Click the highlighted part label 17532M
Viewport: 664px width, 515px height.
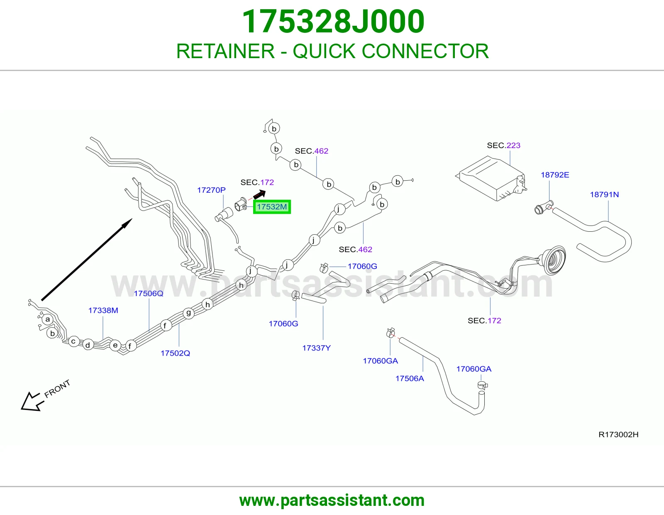point(272,207)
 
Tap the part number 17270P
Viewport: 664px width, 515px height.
point(211,190)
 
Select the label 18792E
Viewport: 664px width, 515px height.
point(555,174)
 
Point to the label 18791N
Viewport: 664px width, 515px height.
point(604,194)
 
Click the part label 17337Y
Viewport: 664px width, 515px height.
point(316,348)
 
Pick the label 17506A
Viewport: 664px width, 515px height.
point(410,378)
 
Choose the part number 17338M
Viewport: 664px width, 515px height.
point(103,310)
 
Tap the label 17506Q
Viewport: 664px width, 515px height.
point(149,294)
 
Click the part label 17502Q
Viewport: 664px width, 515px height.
point(176,353)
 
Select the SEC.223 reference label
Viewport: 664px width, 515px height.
point(503,145)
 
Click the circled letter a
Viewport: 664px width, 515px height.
point(47,319)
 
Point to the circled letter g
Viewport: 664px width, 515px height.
point(188,313)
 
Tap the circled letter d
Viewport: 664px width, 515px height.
point(88,345)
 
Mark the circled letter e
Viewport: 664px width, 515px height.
point(115,346)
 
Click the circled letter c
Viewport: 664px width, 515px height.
point(73,341)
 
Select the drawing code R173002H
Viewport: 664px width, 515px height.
point(618,434)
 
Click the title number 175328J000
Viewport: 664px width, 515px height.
point(333,21)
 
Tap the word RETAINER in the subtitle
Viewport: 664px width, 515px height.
point(225,51)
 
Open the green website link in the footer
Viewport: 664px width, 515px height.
point(332,500)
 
